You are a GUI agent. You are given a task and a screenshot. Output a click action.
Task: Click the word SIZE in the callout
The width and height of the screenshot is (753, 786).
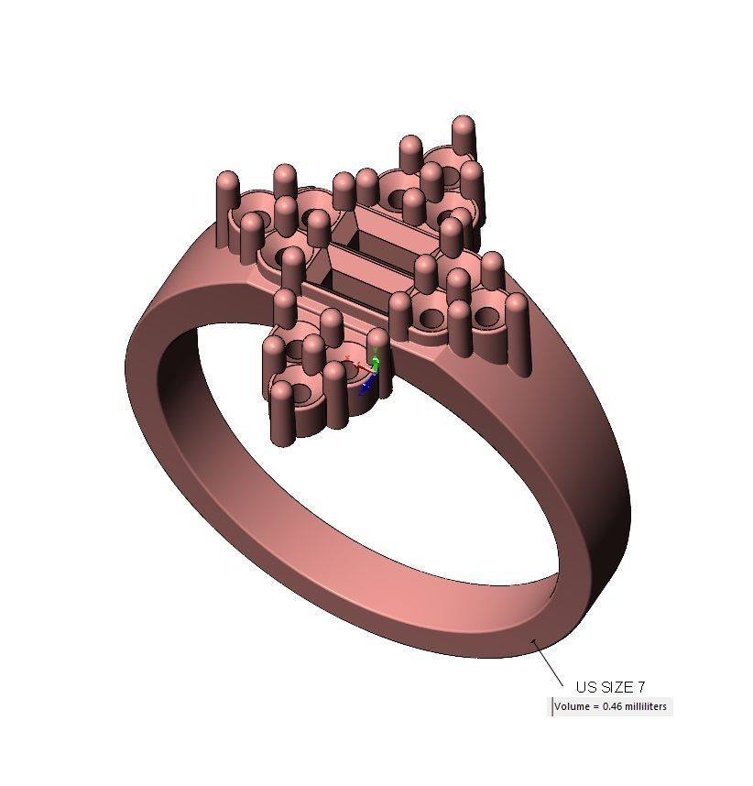[617, 687]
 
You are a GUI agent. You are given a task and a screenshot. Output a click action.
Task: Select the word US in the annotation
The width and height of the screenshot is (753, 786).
[585, 687]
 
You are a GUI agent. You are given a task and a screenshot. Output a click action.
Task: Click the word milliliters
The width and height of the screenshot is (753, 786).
[647, 707]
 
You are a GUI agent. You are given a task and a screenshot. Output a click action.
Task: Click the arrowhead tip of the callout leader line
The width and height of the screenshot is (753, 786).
[534, 640]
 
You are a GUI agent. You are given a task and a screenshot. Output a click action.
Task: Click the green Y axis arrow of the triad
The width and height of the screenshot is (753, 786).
[375, 345]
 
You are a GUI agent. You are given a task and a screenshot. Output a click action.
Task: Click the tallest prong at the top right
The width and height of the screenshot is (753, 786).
[464, 137]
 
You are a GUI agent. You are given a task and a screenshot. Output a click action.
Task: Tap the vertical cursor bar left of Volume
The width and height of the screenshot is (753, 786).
[551, 707]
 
